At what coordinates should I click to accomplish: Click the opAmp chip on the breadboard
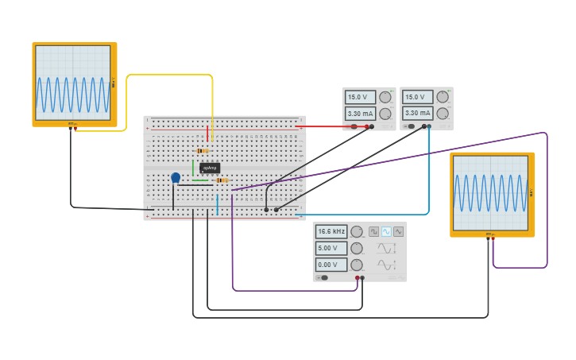coord(210,168)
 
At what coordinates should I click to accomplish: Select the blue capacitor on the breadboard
coord(176,178)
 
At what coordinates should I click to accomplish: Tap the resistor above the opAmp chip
coord(203,151)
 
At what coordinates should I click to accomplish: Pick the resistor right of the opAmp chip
coord(222,180)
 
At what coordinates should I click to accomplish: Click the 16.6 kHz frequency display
coord(331,231)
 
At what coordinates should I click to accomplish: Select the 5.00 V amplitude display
coord(331,248)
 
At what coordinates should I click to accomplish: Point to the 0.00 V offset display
coord(331,265)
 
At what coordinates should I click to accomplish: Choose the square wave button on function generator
coord(373,231)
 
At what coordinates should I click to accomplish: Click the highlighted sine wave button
coord(386,231)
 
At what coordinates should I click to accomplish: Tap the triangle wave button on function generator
coord(398,231)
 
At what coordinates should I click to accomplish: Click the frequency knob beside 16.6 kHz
coord(357,231)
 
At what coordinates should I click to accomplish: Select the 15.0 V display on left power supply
coord(360,97)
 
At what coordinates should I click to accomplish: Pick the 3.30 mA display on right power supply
coord(417,114)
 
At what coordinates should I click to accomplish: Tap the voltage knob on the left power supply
coord(385,97)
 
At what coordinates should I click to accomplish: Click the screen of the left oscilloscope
coord(73,83)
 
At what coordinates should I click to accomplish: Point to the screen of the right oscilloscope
coord(490,192)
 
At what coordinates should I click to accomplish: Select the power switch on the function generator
coord(323,277)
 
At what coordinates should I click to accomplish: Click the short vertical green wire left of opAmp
coord(192,168)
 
